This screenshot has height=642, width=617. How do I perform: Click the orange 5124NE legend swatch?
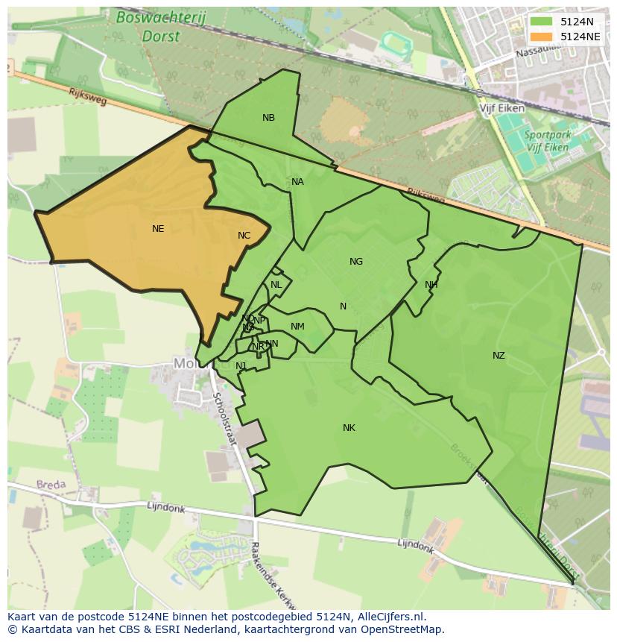[542, 37]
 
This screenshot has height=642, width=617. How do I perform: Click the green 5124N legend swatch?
[542, 22]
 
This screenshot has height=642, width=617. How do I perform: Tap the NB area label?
[268, 118]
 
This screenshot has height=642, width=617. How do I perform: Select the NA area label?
[297, 182]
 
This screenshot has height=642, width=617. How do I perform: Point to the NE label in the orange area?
[158, 229]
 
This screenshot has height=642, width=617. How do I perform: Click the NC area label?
[244, 236]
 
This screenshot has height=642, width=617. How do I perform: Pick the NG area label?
[356, 262]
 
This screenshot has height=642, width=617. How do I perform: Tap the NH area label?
[431, 285]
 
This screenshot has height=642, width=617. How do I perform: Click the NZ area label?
[499, 356]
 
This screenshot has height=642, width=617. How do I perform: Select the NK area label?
[349, 428]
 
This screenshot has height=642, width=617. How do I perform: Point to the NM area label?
[297, 327]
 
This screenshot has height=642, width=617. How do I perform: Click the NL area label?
[276, 285]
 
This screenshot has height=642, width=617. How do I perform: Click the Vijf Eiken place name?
[502, 108]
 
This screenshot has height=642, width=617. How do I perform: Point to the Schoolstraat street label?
[225, 419]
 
